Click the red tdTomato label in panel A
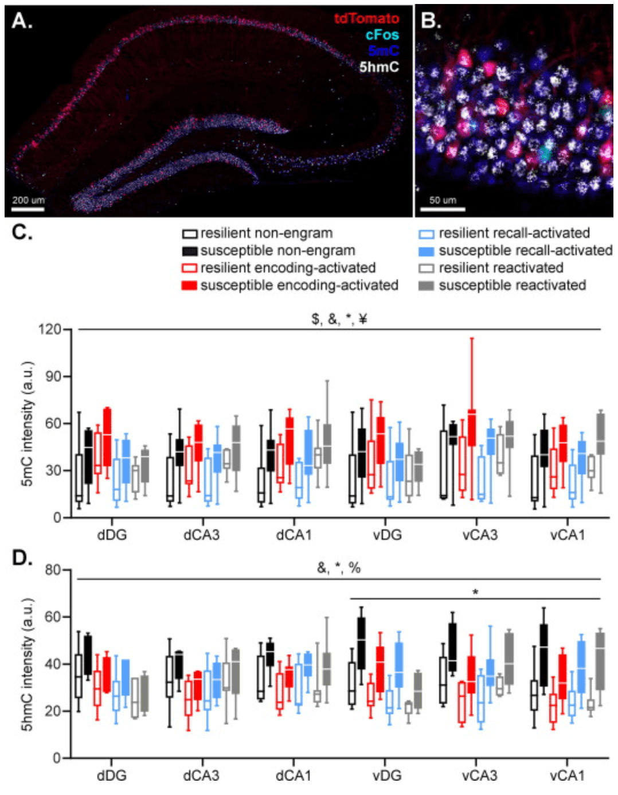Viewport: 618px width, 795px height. (366, 18)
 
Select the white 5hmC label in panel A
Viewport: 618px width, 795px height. (379, 67)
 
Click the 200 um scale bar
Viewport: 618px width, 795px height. (28, 209)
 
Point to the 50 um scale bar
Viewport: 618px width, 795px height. (443, 209)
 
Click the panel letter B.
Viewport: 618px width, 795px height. (432, 21)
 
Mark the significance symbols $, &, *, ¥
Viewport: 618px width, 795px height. (339, 319)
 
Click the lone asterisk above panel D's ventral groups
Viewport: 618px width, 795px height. (475, 592)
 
